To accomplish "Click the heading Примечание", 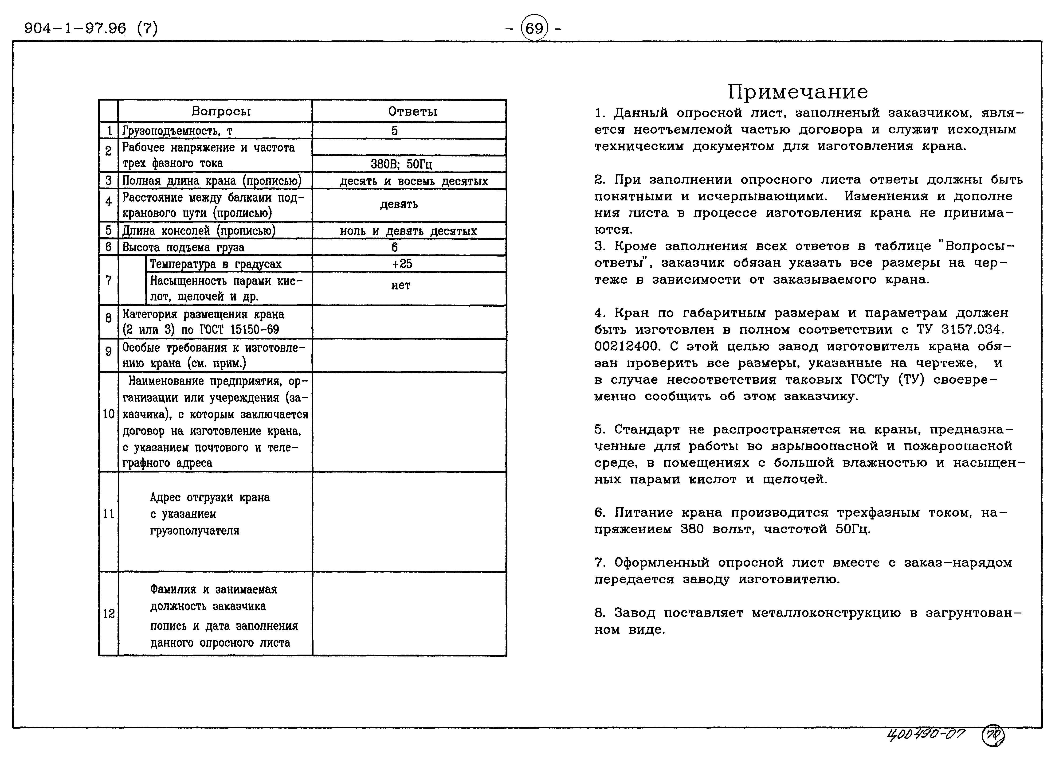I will click(x=798, y=92).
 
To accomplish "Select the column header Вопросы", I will click(x=221, y=111).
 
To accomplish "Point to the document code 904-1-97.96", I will click(x=75, y=29).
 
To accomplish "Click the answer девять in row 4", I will click(x=399, y=204).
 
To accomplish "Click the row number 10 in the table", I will click(x=109, y=414).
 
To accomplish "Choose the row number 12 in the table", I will click(x=109, y=614).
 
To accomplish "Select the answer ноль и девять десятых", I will click(x=408, y=231).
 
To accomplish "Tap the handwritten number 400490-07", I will click(x=925, y=735).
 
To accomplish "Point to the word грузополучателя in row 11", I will click(x=195, y=531).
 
